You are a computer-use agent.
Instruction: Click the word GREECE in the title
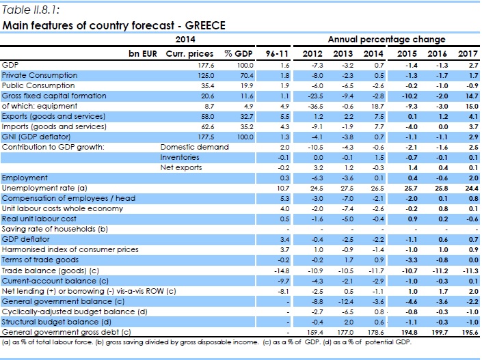[203, 25]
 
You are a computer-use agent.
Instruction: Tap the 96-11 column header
[269, 53]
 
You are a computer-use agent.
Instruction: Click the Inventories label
[177, 156]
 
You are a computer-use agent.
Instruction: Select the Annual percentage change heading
[386, 40]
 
